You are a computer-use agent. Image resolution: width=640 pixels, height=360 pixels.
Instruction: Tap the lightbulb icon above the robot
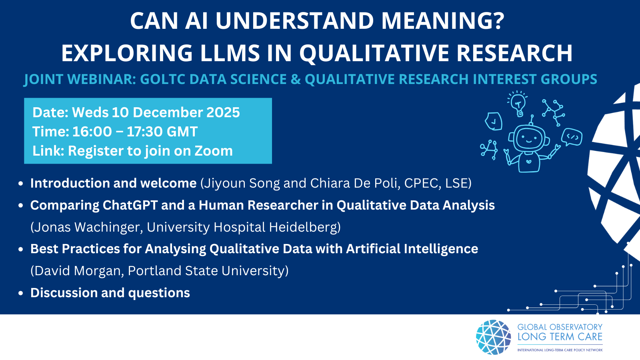click(x=518, y=104)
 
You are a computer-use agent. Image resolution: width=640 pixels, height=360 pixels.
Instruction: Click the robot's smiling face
click(x=528, y=138)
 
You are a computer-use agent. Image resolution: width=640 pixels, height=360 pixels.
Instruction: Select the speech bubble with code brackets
click(x=572, y=137)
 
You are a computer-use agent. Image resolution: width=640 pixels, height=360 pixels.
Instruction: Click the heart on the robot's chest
click(x=529, y=161)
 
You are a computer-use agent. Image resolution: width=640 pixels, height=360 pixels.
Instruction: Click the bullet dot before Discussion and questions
click(x=20, y=294)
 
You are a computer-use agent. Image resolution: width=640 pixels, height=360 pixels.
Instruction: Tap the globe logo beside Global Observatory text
click(x=494, y=337)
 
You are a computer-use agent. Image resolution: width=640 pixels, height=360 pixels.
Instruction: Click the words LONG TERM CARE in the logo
click(x=560, y=337)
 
